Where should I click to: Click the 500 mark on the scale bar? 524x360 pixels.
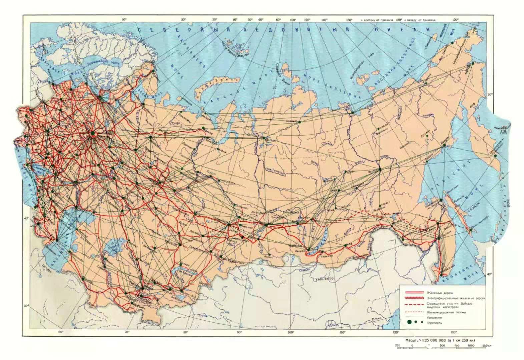click(x=442, y=345)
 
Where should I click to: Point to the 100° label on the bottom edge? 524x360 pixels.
click(x=291, y=332)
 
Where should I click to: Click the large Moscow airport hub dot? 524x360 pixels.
click(x=93, y=133)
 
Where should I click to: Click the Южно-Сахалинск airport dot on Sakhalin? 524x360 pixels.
click(x=471, y=229)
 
